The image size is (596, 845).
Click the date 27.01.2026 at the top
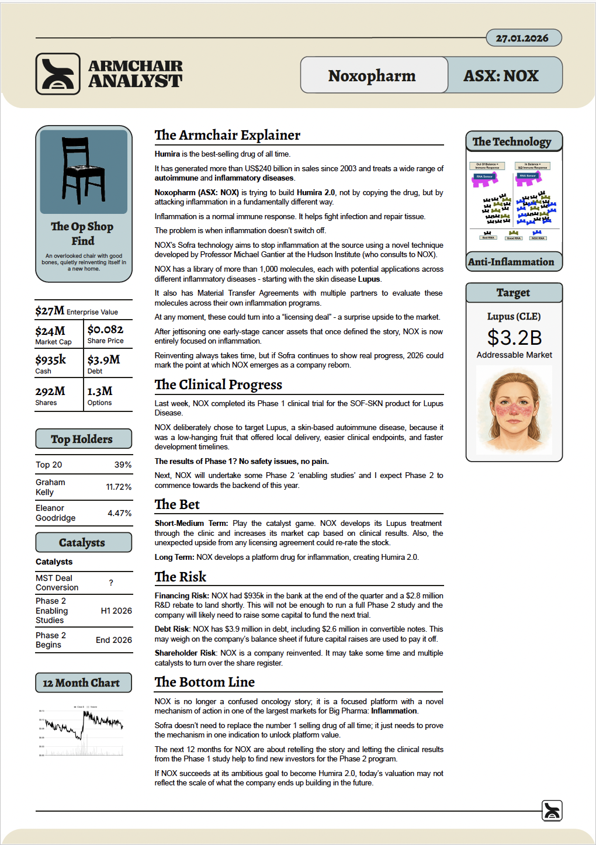click(522, 38)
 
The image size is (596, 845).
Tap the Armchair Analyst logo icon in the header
click(58, 74)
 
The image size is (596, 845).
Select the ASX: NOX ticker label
click(501, 75)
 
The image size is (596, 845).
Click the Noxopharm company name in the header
click(372, 75)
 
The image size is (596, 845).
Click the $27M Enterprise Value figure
click(50, 311)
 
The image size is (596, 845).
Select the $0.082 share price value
click(105, 330)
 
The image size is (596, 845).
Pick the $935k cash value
click(51, 359)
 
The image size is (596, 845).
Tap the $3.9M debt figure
click(103, 359)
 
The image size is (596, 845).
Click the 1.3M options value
click(100, 391)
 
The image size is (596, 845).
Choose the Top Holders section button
click(83, 439)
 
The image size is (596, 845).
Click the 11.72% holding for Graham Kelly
click(119, 487)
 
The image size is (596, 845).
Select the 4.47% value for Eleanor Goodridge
click(119, 513)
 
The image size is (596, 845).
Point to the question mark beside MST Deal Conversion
click(111, 583)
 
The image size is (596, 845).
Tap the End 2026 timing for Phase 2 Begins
click(114, 640)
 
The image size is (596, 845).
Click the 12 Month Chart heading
click(83, 683)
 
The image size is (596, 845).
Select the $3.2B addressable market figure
click(514, 338)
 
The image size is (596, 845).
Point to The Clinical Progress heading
click(219, 385)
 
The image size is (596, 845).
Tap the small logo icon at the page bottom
click(552, 811)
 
